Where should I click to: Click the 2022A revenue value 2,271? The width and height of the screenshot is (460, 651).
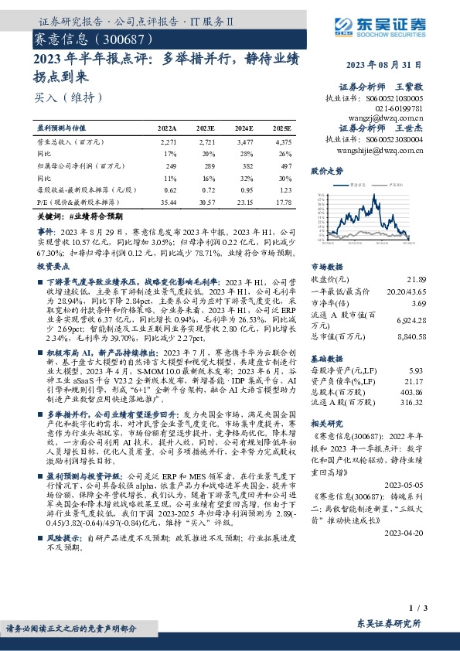(x=168, y=142)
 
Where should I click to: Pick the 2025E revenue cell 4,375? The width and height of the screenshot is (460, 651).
(x=283, y=142)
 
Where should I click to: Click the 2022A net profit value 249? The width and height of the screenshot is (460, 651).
(x=171, y=165)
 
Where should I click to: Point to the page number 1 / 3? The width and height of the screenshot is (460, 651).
(x=414, y=609)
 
